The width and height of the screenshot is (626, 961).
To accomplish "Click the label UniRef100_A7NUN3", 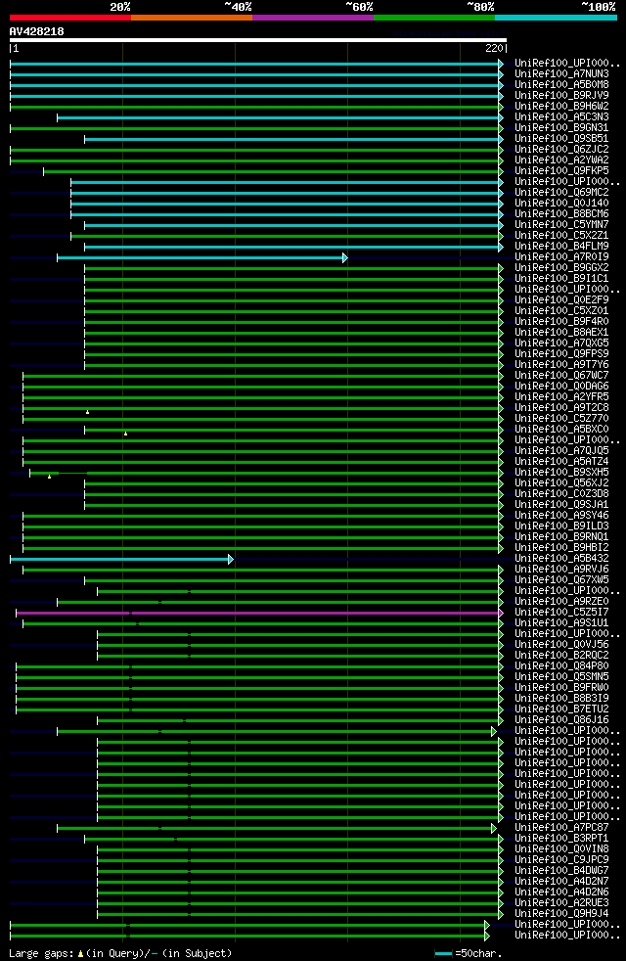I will click(x=562, y=73).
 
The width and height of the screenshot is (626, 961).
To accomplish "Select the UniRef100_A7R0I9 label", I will click(x=562, y=256).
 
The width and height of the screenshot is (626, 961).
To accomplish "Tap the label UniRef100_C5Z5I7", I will click(x=562, y=612).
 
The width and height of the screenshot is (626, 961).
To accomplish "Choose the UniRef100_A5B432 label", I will click(x=562, y=558).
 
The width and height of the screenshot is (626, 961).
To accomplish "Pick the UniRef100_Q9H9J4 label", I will click(x=562, y=913).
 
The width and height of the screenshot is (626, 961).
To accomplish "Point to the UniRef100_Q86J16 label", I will click(x=562, y=719).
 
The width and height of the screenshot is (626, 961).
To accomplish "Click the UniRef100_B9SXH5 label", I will click(x=562, y=472).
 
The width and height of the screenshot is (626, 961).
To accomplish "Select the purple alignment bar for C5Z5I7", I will click(x=293, y=613).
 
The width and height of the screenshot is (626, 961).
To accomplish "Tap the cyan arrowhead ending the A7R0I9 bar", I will click(x=344, y=257).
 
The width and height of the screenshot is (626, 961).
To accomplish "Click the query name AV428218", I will click(x=37, y=31).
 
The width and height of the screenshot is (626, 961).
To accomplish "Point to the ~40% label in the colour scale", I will click(x=238, y=7).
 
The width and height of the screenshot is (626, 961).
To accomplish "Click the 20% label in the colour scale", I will click(x=120, y=7).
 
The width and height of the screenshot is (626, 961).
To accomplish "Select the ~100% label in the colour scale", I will click(x=599, y=7).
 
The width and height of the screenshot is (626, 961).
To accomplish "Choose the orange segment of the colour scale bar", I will click(x=191, y=18).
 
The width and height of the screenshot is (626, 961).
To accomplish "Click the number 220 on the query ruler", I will click(x=493, y=48).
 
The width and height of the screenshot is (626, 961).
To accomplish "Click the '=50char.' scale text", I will click(x=474, y=952).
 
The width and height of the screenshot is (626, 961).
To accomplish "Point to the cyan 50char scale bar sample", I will click(x=444, y=952).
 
